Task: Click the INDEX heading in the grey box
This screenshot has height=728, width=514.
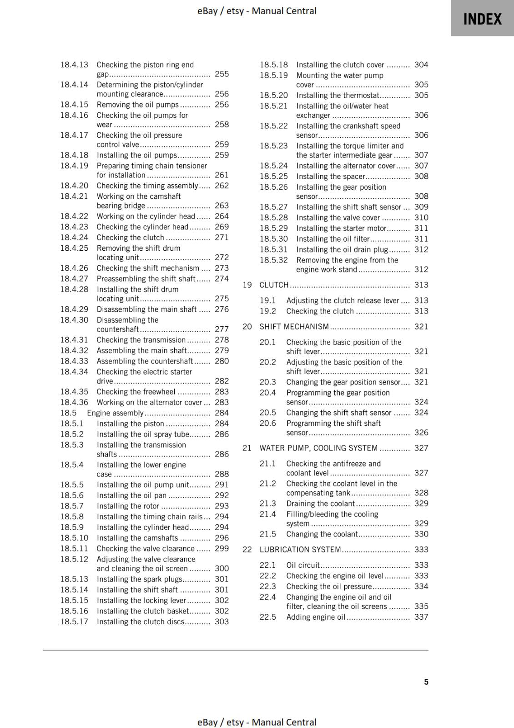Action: coord(482,19)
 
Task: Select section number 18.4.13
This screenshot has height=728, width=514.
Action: coord(74,65)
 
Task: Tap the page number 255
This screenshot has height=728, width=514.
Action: coord(222,74)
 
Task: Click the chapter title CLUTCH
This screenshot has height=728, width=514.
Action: coord(274,285)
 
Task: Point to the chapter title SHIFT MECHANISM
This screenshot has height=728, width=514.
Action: coord(294,327)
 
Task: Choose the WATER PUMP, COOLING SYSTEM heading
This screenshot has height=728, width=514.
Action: coord(318,448)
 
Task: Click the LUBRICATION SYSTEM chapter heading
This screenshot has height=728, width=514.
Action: coord(300,550)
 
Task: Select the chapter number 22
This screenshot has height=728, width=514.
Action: coord(247,550)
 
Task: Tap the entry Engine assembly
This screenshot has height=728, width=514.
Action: coord(115,413)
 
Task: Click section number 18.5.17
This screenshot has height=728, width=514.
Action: coord(74,622)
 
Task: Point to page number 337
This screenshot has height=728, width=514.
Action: coord(421,617)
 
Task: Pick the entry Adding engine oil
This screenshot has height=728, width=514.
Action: coord(316,617)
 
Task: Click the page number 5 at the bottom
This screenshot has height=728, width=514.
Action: coord(426,682)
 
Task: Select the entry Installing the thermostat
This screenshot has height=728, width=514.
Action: coord(338,96)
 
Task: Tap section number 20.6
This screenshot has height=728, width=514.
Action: coord(267,424)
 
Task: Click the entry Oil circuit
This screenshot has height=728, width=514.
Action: coord(303,565)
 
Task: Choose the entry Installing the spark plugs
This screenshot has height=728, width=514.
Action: coord(139,579)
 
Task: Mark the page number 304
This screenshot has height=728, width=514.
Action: coord(421,65)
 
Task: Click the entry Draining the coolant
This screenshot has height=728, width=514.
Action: coord(320,504)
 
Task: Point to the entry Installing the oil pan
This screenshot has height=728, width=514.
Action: coord(131,495)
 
